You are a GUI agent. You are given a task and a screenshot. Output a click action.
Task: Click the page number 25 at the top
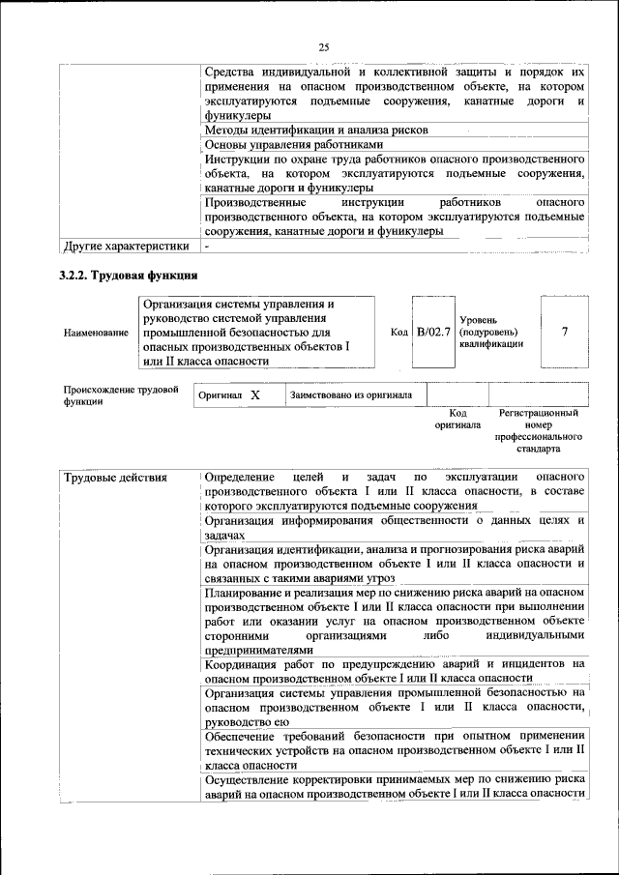(324, 48)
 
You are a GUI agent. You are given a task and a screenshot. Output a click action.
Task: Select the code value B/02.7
(433, 332)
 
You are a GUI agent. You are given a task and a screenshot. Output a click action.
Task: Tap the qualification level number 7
(564, 332)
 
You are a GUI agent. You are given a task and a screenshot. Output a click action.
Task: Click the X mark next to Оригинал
(254, 395)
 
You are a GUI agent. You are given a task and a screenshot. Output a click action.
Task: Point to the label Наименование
(96, 333)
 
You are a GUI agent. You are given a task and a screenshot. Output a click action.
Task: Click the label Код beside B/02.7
(398, 332)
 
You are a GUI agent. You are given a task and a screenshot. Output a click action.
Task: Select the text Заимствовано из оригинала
(352, 394)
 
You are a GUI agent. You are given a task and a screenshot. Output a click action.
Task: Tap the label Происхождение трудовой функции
(120, 395)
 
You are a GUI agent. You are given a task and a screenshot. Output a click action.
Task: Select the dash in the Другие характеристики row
(208, 246)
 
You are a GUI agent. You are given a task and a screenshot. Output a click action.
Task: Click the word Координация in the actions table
(247, 664)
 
